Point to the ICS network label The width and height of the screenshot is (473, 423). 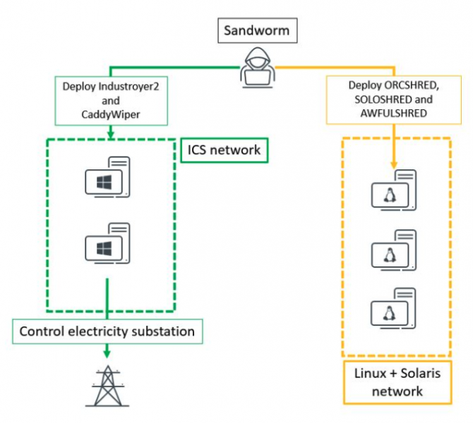coord(224,149)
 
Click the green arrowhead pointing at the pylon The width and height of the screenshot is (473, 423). coord(107,352)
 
